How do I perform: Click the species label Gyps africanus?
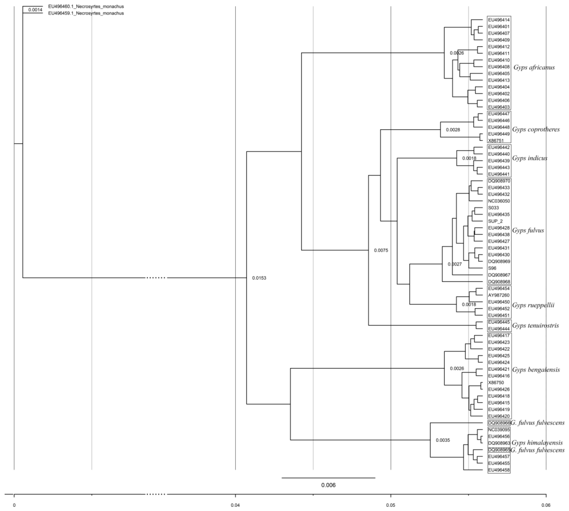(x=534, y=67)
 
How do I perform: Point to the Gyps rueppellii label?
(x=533, y=305)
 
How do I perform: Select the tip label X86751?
(x=496, y=141)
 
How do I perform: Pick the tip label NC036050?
(x=499, y=201)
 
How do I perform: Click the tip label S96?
(x=492, y=268)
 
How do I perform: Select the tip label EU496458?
(x=499, y=470)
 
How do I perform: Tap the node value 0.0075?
(x=381, y=250)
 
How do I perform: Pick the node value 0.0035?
(x=443, y=440)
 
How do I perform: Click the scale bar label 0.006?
(x=328, y=485)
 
